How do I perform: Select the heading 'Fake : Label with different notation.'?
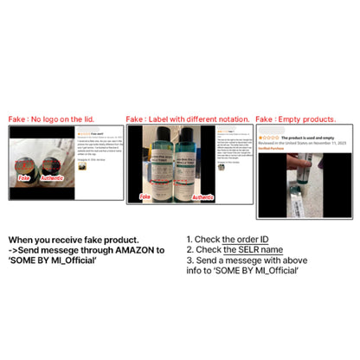pos(188,119)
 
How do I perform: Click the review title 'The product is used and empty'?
pos(312,137)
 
